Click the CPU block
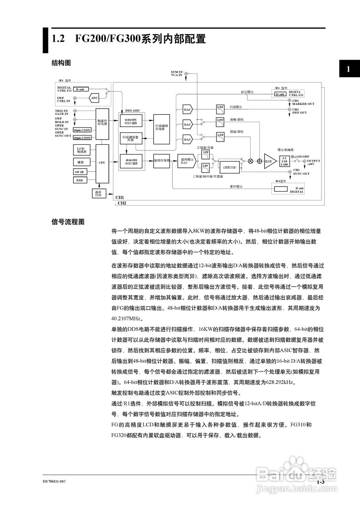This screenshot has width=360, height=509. coord(102,163)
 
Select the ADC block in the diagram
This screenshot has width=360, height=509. coord(94,98)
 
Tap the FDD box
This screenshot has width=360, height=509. coord(80,180)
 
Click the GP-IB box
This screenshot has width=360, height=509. coord(80,172)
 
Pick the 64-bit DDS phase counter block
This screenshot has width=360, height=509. coord(131,121)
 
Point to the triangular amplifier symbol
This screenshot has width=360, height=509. coord(270,161)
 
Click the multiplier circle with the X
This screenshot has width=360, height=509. coord(251,161)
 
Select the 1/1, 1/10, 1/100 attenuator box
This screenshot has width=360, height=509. coord(284,161)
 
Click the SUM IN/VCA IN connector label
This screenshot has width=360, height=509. coord(177,73)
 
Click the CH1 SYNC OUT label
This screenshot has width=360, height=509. coord(301,172)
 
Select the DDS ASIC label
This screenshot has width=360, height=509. coord(132,111)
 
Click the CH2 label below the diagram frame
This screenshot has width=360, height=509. coord(122,203)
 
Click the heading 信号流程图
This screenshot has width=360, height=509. coord(68,222)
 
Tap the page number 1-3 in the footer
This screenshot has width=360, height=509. coord(321,482)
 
